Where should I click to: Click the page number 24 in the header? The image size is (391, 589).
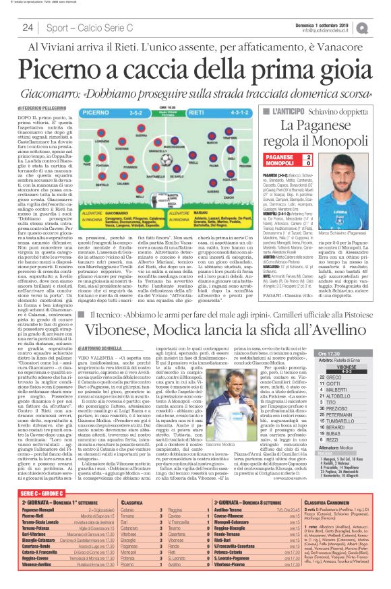tap(28, 28)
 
